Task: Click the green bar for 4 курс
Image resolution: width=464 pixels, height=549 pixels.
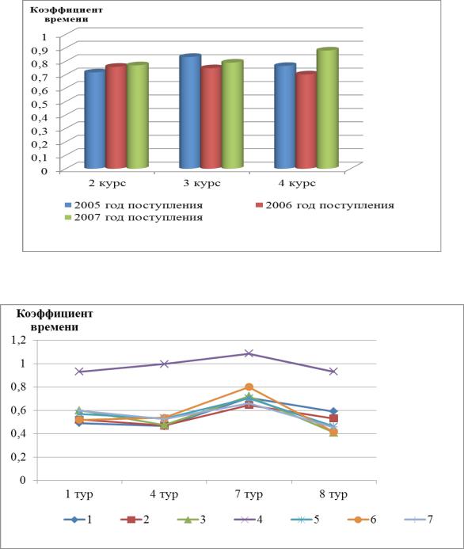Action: click(328, 109)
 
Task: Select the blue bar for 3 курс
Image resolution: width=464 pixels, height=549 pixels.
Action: click(190, 112)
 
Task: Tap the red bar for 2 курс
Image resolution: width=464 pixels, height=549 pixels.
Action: click(116, 116)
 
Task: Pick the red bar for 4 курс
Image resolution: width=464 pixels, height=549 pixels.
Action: click(306, 120)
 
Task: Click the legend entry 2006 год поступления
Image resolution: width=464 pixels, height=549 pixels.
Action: click(325, 205)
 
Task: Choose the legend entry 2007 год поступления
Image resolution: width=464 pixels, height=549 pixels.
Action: click(134, 217)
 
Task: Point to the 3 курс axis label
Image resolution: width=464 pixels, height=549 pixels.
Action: click(202, 183)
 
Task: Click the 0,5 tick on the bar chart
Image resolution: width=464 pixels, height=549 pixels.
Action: click(39, 104)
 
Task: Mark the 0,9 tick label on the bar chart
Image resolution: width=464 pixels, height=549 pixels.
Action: click(39, 50)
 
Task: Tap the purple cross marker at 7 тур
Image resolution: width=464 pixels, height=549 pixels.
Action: click(249, 353)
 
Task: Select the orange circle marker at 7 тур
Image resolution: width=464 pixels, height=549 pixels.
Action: click(249, 387)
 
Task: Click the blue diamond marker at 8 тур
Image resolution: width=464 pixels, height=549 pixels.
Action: click(333, 411)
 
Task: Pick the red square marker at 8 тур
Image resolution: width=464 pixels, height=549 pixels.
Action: click(333, 418)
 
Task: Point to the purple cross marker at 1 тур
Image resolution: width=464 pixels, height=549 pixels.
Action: click(79, 371)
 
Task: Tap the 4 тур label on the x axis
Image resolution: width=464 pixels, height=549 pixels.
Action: click(164, 494)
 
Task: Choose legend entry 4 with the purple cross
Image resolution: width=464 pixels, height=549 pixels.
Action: click(248, 519)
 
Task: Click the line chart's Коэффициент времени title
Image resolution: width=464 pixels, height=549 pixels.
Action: click(55, 320)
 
